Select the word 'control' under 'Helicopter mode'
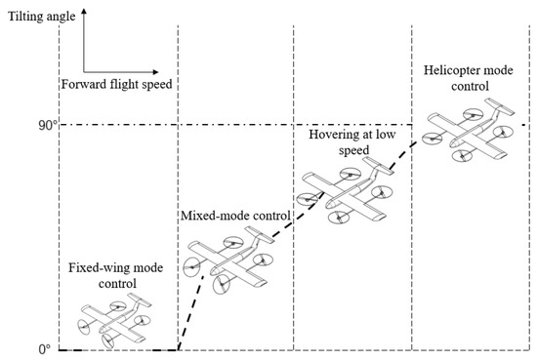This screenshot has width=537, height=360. click(456, 86)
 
